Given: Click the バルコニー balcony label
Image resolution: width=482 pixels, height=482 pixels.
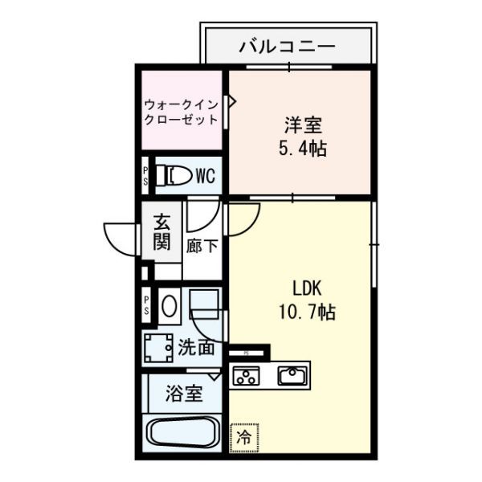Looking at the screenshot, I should pyautogui.click(x=287, y=47).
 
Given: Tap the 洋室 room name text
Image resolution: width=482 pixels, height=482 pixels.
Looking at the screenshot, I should pyautogui.click(x=302, y=126).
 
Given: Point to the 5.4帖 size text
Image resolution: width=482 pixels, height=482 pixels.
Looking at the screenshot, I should pyautogui.click(x=302, y=149).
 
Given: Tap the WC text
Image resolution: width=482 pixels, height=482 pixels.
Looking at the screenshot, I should pyautogui.click(x=204, y=176).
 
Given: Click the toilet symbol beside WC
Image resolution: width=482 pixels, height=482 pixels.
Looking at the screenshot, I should pyautogui.click(x=174, y=176).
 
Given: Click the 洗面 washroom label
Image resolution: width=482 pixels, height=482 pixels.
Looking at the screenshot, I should pyautogui.click(x=196, y=348).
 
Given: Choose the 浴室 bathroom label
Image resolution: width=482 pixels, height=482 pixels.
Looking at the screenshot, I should pyautogui.click(x=184, y=394).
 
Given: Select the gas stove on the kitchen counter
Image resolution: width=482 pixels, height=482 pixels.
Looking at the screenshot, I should pyautogui.click(x=246, y=375).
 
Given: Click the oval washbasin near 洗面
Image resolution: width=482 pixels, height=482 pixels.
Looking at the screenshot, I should pyautogui.click(x=168, y=306).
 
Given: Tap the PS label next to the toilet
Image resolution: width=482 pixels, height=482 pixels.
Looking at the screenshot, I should pyautogui.click(x=145, y=176).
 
